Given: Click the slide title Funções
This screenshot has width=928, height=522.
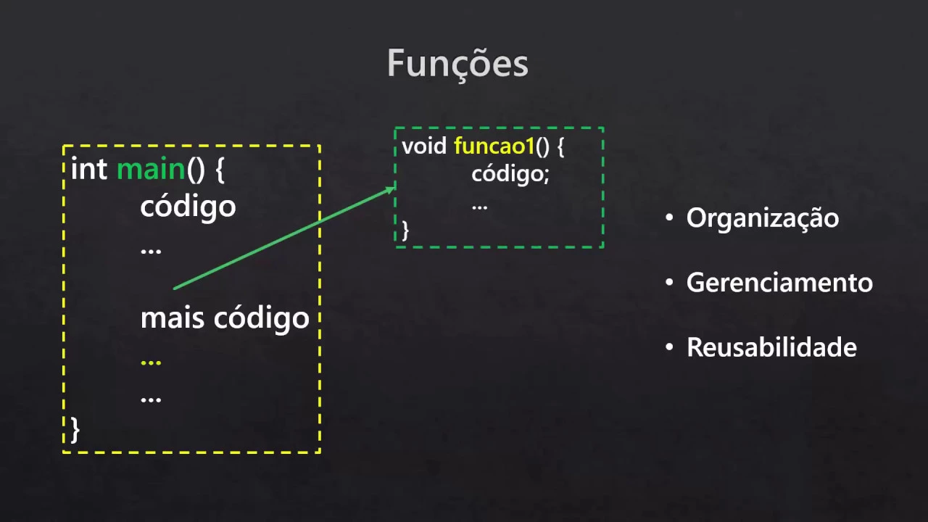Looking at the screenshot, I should tap(457, 63).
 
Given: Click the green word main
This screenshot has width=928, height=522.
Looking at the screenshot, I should tap(151, 170).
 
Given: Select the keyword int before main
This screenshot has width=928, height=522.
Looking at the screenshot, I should tap(88, 170).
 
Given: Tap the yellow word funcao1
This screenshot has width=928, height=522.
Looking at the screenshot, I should tap(494, 146).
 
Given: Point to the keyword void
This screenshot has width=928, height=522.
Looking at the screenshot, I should tap(424, 146).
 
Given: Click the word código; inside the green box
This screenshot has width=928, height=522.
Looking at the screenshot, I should tap(510, 175).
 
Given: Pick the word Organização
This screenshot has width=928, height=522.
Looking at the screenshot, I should tap(762, 218).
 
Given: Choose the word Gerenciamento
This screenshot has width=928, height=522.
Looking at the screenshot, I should tap(779, 282).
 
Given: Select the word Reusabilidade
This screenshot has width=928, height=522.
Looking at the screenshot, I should tap(771, 347).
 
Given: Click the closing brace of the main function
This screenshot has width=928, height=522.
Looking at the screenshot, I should tap(75, 429).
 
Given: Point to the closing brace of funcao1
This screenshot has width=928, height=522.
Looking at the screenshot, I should tap(405, 231).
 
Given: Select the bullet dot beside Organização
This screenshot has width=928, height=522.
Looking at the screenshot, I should tap(669, 218).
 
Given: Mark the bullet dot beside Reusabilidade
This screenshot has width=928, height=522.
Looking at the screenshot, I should tap(669, 348).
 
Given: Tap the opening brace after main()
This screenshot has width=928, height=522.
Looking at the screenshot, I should tap(220, 170).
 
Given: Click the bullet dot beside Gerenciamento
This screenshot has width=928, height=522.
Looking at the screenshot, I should tap(669, 283).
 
